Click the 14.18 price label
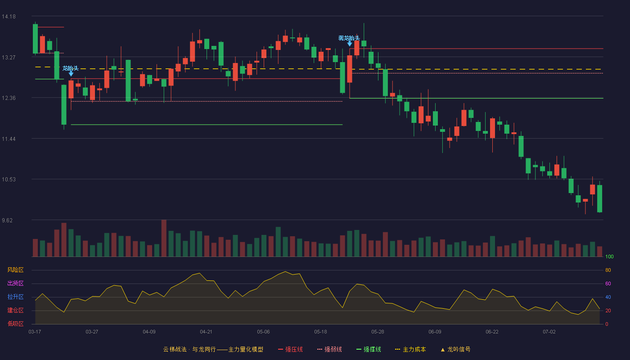click(x=9, y=17)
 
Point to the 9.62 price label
click(x=7, y=220)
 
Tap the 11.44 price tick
click(x=9, y=139)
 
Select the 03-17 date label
click(x=35, y=332)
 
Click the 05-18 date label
click(x=320, y=332)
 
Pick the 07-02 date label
click(x=549, y=332)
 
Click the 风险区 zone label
click(x=15, y=270)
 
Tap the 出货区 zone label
click(x=15, y=283)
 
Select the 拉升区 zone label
click(x=15, y=297)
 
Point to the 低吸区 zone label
click(x=15, y=324)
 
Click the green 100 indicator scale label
click(x=609, y=256)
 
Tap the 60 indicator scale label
click(x=608, y=283)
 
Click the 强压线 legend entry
click(x=290, y=349)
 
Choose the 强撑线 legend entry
click(x=369, y=349)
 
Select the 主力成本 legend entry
click(x=410, y=349)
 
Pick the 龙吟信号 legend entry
click(x=455, y=349)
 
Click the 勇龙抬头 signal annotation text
click(x=349, y=38)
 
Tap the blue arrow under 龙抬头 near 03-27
click(x=71, y=74)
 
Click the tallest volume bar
click(x=164, y=238)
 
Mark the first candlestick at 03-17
click(x=35, y=39)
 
